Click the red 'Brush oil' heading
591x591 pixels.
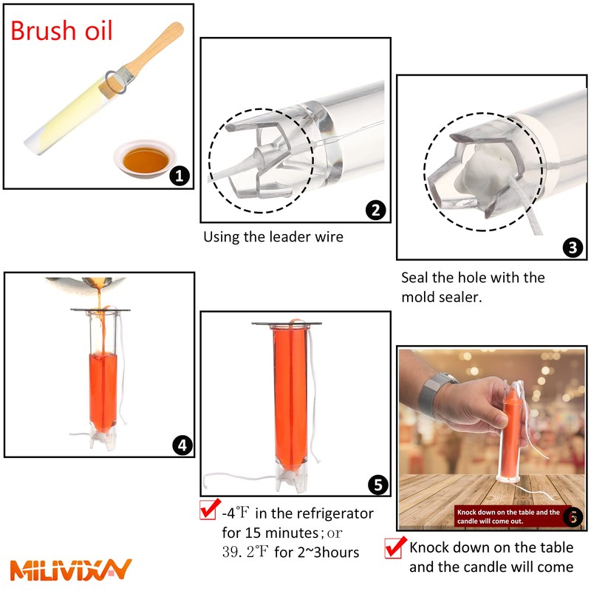(61, 30)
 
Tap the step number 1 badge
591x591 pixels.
(180, 176)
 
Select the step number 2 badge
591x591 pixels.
(376, 210)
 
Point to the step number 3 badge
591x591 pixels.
(573, 247)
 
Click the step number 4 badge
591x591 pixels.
(182, 445)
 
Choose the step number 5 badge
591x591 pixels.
(378, 485)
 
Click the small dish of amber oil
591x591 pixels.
(145, 159)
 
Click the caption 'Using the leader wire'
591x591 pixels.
(273, 237)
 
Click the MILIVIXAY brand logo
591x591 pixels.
(70, 570)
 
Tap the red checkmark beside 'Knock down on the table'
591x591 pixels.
(395, 547)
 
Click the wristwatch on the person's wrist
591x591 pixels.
(434, 394)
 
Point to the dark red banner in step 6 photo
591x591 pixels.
(513, 516)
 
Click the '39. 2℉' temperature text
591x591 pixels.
(245, 552)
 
